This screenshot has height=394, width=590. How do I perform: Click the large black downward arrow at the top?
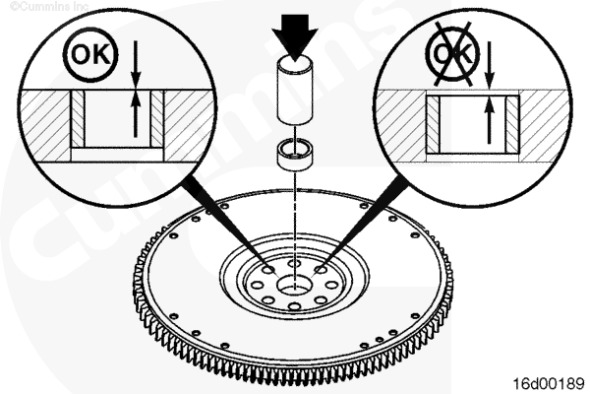click(296, 35)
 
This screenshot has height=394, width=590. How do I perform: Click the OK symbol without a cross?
click(90, 54)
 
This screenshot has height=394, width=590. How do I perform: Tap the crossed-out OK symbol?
click(453, 53)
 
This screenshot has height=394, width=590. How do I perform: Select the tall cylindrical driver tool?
click(296, 90)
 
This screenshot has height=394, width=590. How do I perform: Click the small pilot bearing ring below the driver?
click(296, 155)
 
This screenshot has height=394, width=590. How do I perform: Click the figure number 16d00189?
click(549, 383)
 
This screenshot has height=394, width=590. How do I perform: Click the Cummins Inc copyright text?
click(49, 6)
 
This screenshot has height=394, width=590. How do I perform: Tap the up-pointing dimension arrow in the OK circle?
click(136, 113)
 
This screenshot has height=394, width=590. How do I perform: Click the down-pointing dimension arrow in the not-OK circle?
click(489, 65)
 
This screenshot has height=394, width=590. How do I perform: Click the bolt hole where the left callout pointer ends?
click(269, 270)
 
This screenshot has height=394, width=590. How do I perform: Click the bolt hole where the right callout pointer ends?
click(321, 269)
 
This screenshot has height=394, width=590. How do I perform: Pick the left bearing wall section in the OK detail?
click(78, 118)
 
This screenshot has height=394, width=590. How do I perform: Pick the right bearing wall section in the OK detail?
click(157, 118)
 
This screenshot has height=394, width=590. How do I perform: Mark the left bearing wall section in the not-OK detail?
click(433, 124)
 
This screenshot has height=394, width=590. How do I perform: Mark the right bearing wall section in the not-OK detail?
click(512, 124)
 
